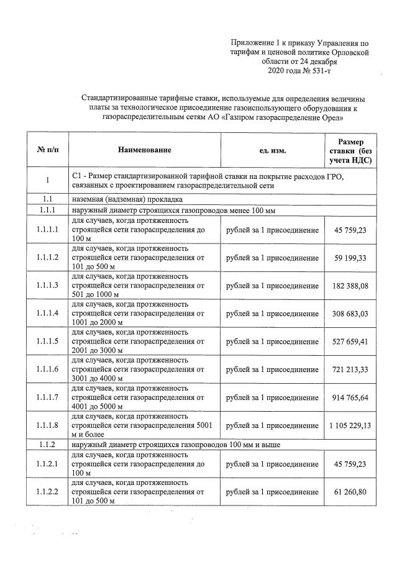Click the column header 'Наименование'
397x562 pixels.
[144, 150]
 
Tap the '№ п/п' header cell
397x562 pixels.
[47, 150]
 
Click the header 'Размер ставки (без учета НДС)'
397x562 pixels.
[351, 150]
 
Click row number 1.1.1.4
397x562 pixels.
[47, 314]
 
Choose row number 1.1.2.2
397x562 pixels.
[47, 492]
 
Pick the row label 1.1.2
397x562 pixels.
[47, 446]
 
